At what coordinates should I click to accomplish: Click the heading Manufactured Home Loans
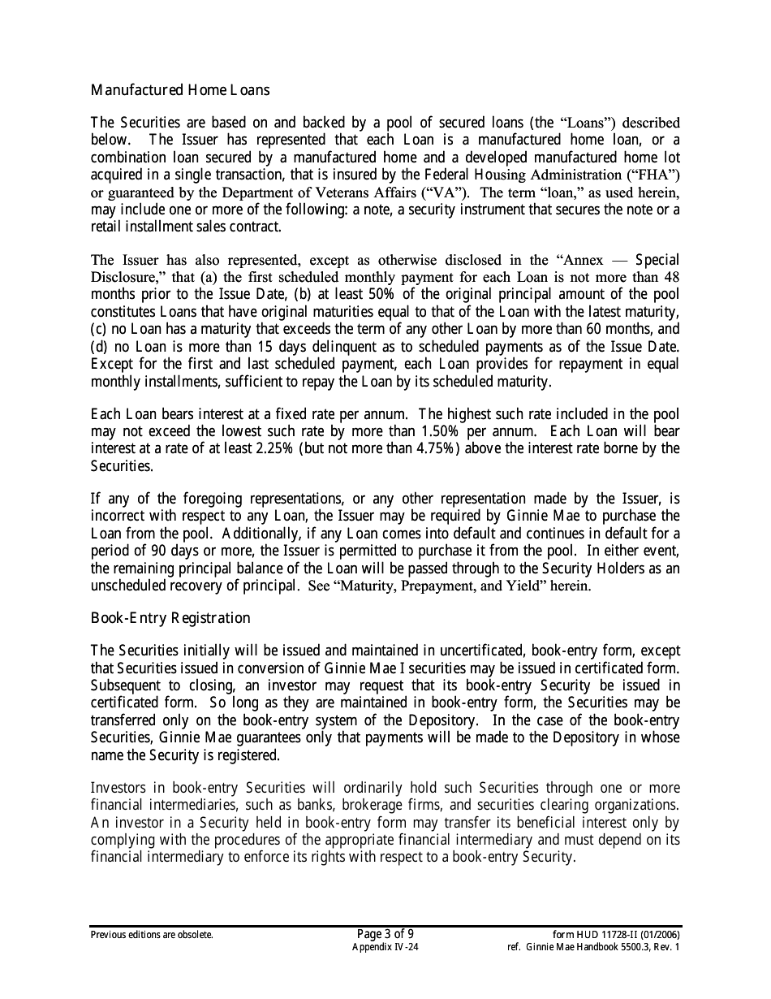coord(180,90)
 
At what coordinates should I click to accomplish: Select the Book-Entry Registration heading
coord(170,618)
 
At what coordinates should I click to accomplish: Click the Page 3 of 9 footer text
coord(385,933)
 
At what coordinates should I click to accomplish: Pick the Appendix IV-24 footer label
coord(385,947)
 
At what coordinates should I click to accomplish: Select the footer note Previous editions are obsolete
coord(152,935)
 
